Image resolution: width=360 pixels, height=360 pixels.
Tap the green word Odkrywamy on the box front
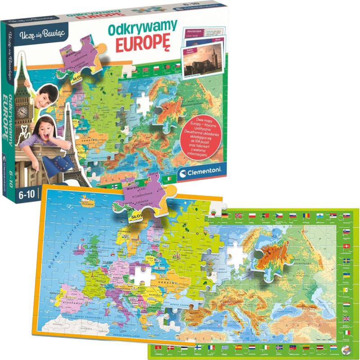143,28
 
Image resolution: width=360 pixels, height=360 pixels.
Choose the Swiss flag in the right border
346,247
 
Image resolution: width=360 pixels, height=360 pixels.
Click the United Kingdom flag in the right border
346,319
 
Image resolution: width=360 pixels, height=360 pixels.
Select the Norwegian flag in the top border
237,216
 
